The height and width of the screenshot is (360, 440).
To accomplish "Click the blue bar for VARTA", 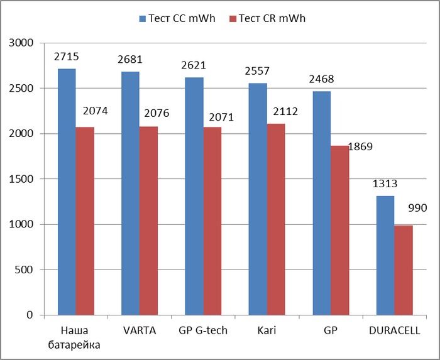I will [x=130, y=193].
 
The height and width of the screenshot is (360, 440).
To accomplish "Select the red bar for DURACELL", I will [x=404, y=270].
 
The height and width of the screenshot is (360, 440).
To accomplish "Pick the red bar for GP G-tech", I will [x=212, y=221].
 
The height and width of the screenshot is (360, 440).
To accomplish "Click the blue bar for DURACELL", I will [x=385, y=255].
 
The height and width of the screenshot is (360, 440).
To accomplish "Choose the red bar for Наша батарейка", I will [x=85, y=221].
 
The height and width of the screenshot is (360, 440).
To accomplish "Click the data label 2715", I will [x=67, y=57].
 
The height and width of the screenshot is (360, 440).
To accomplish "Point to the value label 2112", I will [x=285, y=112].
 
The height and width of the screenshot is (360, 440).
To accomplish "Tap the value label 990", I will [x=417, y=208].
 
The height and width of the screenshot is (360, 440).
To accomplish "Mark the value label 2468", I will [x=321, y=79].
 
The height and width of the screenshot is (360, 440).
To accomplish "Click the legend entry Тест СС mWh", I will [x=177, y=18].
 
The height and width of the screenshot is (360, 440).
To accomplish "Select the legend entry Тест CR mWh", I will [x=270, y=18].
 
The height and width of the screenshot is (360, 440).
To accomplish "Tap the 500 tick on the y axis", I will [x=25, y=270].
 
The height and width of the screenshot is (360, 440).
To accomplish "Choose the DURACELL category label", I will [x=395, y=330].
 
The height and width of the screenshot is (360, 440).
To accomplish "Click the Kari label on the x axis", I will [x=267, y=330].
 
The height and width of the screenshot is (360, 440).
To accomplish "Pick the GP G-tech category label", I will [x=203, y=330].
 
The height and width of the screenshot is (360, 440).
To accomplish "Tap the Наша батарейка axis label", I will [x=76, y=337].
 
